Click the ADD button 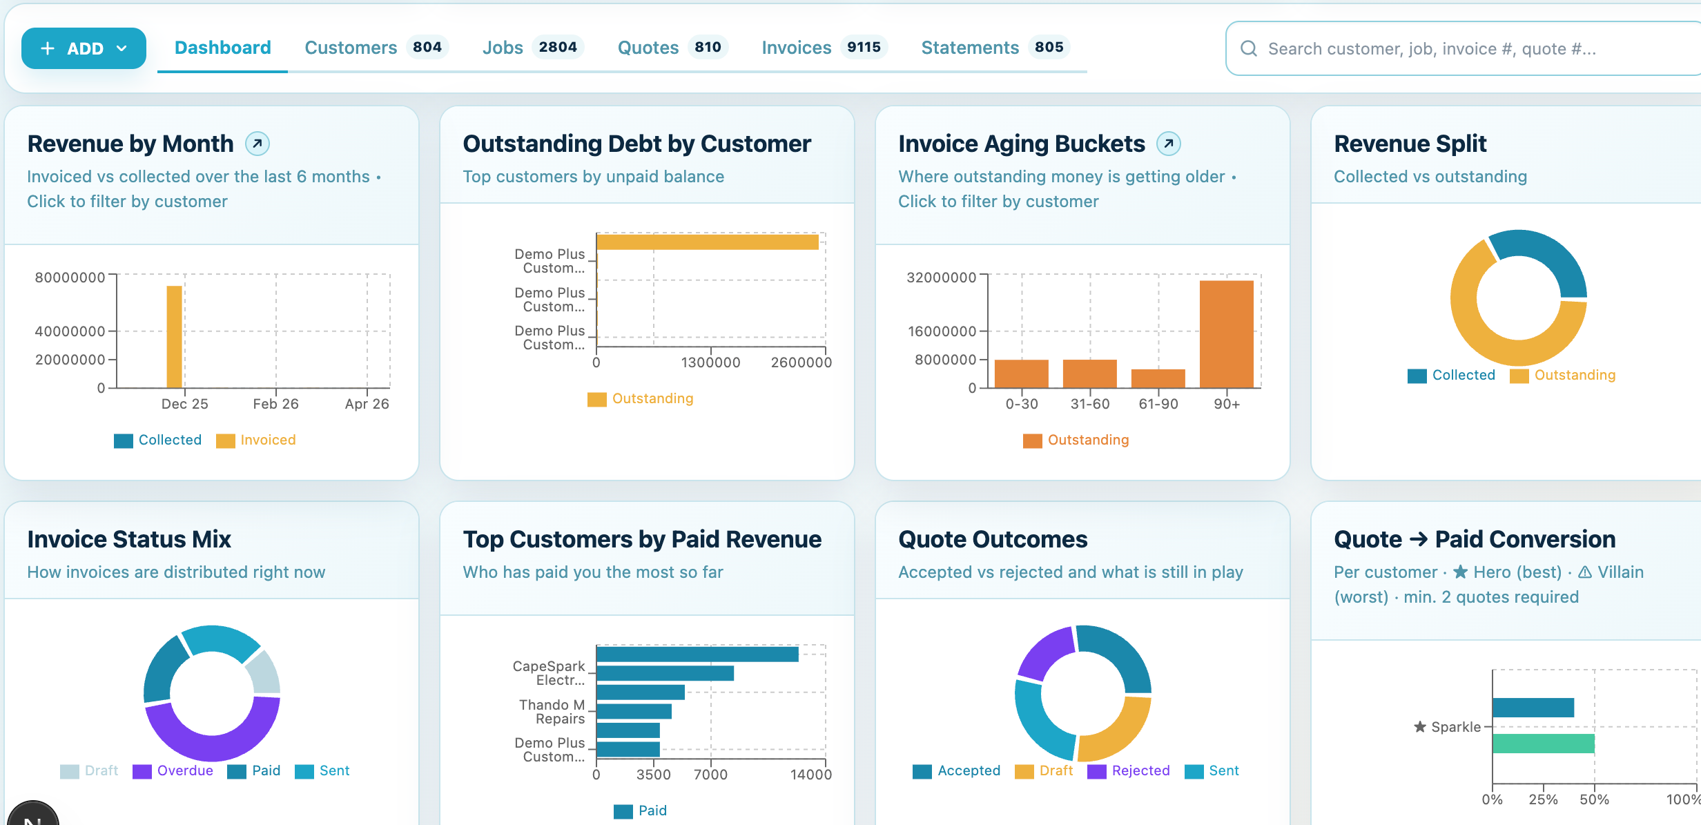point(84,48)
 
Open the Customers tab point(351,48)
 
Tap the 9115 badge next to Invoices point(864,47)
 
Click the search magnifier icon point(1248,48)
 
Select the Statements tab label point(969,48)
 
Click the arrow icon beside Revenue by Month point(257,144)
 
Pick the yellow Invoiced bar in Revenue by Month point(174,336)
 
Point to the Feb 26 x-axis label point(275,404)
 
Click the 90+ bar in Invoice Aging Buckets point(1226,334)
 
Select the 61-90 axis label point(1158,404)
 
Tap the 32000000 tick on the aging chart point(941,278)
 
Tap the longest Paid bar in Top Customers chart point(697,654)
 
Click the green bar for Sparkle point(1543,744)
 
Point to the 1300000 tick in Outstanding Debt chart point(710,362)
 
